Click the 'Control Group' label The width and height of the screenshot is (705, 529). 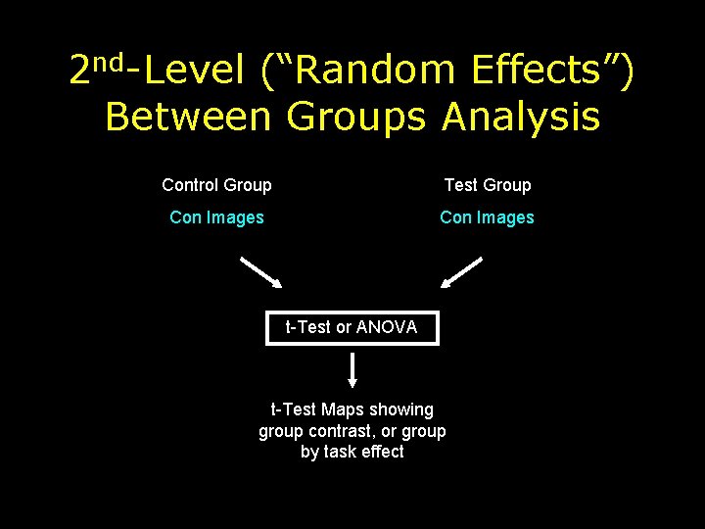pos(216,185)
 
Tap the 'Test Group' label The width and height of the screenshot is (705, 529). pos(487,185)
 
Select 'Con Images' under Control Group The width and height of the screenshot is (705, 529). pos(216,217)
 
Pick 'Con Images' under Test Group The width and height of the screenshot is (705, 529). pos(487,217)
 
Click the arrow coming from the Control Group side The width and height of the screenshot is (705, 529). pos(261,272)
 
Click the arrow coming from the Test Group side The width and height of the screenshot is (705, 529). pos(461,272)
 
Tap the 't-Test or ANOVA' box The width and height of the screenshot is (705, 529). pos(352,327)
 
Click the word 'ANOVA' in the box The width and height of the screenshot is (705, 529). pos(387,327)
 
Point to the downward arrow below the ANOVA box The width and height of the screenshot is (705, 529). pos(352,370)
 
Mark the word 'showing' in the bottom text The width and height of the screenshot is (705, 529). pos(401,409)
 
